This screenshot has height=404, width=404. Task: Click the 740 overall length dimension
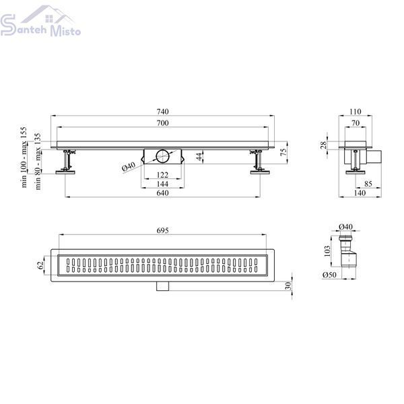coord(162,112)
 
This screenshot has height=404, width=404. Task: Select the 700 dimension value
coord(162,123)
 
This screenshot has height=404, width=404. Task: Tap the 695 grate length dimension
coord(162,230)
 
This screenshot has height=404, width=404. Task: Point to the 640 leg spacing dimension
coord(162,193)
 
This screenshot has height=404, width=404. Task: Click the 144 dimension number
coord(162,184)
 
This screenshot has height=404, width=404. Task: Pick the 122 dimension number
coord(162,175)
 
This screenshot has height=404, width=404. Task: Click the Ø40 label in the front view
coord(129,167)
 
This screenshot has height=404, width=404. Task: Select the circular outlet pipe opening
coord(163,156)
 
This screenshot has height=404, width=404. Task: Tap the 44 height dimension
coord(199,156)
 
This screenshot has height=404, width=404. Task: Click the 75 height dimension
coord(283,152)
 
